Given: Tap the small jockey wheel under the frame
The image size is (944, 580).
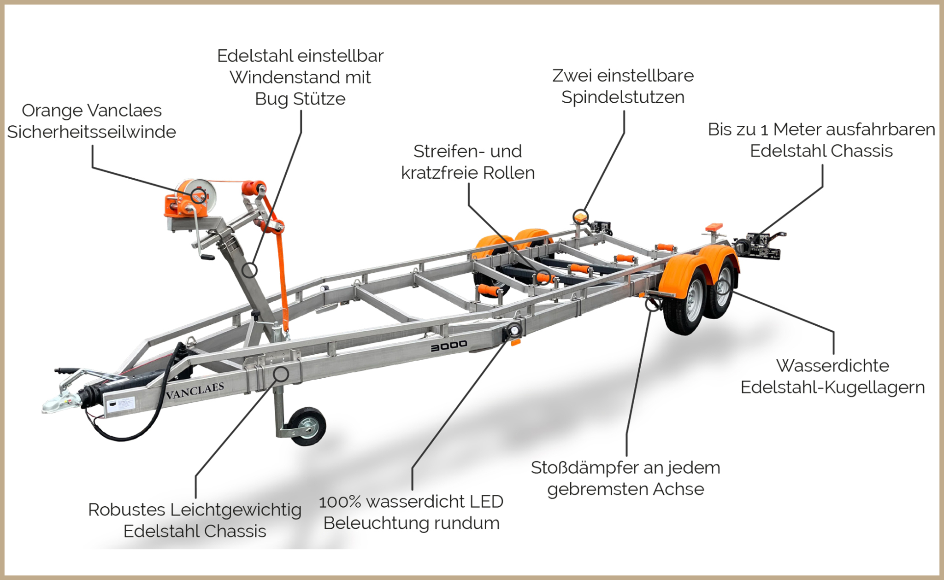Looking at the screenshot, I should tap(307, 426).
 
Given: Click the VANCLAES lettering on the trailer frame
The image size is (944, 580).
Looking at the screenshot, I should tap(195, 391).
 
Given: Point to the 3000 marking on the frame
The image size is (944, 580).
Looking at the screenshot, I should tap(449, 346).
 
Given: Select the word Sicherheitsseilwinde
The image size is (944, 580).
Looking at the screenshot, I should tap(92, 132).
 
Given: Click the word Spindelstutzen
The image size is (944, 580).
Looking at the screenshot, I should tap(623, 97).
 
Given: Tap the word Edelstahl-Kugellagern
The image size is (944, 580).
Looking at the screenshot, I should tap(832, 387).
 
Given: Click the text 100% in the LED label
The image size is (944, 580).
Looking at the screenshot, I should tap(340, 502).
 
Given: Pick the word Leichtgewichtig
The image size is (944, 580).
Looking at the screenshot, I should tap(236, 510).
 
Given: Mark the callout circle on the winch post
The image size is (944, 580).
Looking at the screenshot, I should tap(250, 270).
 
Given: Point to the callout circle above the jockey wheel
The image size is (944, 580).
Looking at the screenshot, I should tap(281, 374).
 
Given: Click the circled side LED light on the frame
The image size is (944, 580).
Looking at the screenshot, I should tap(513, 330).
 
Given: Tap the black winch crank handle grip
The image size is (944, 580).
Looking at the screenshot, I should tap(207, 257).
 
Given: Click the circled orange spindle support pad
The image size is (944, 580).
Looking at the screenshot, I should tap(581, 216).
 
